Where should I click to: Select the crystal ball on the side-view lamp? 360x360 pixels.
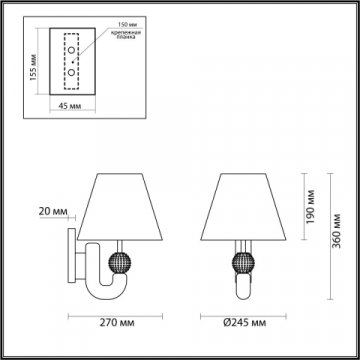[117, 264]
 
